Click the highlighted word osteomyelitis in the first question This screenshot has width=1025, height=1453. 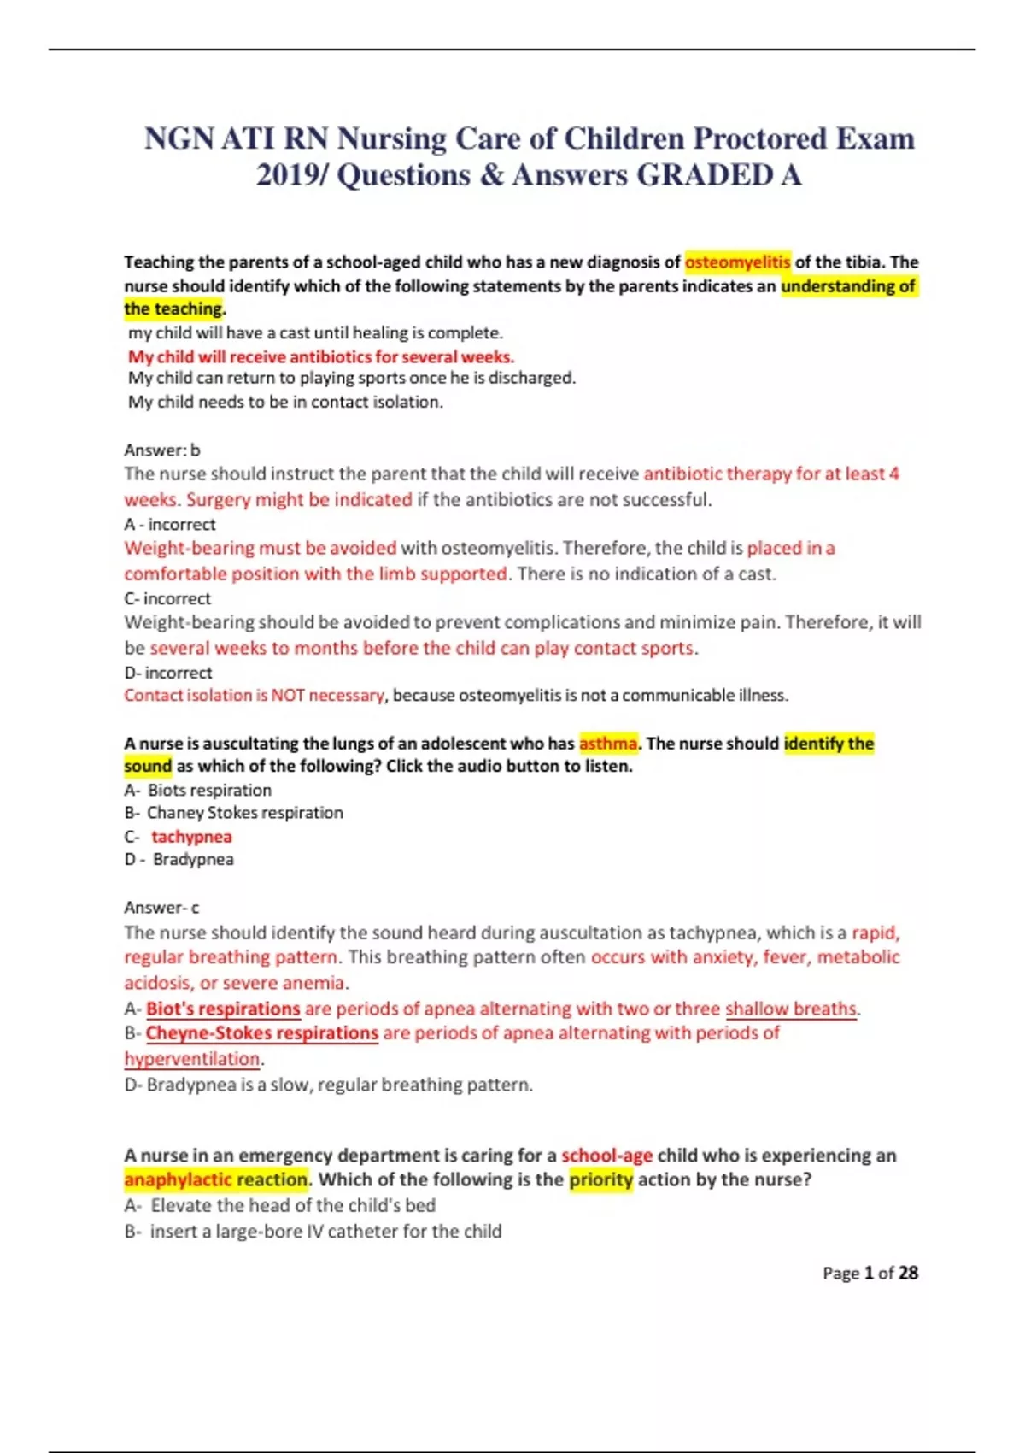tap(737, 262)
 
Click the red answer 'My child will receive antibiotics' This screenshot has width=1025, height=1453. tap(321, 356)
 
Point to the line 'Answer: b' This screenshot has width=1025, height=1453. tap(161, 450)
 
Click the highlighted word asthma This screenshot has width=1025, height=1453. tap(607, 743)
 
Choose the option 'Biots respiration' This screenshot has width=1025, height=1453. tap(209, 790)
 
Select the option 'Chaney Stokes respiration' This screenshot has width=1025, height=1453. tap(244, 812)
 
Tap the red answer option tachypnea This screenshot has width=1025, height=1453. tap(191, 836)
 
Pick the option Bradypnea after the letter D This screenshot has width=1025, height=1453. tap(193, 859)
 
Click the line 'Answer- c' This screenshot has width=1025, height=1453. tap(161, 907)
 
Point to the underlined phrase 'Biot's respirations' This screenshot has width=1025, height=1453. tap(223, 1009)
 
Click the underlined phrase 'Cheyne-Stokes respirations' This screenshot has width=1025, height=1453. tap(261, 1032)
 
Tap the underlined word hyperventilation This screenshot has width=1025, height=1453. tap(192, 1058)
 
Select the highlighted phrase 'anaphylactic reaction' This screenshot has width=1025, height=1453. tap(216, 1179)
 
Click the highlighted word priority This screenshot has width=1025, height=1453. tap(601, 1179)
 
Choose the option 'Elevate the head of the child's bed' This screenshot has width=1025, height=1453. tap(293, 1205)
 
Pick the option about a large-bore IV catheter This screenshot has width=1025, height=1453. tap(325, 1231)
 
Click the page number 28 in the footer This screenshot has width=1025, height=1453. tap(908, 1273)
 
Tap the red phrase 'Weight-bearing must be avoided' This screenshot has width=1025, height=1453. tap(261, 548)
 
